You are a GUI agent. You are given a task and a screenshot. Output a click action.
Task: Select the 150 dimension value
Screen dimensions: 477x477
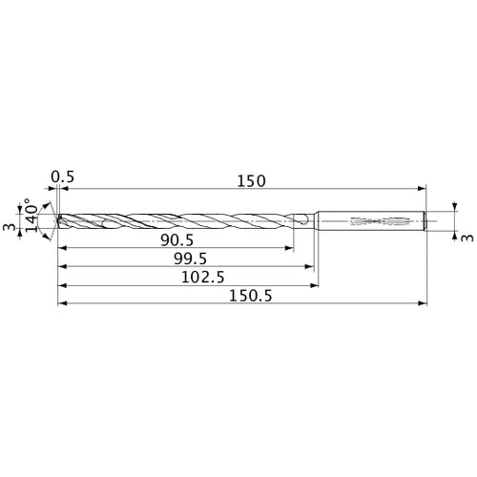click(250, 179)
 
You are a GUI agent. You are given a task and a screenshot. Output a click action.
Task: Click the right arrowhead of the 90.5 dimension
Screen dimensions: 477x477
click(291, 249)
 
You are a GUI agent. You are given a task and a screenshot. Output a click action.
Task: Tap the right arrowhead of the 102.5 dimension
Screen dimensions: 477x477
click(314, 286)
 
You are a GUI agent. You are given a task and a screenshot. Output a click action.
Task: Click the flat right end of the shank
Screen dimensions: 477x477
click(425, 221)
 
